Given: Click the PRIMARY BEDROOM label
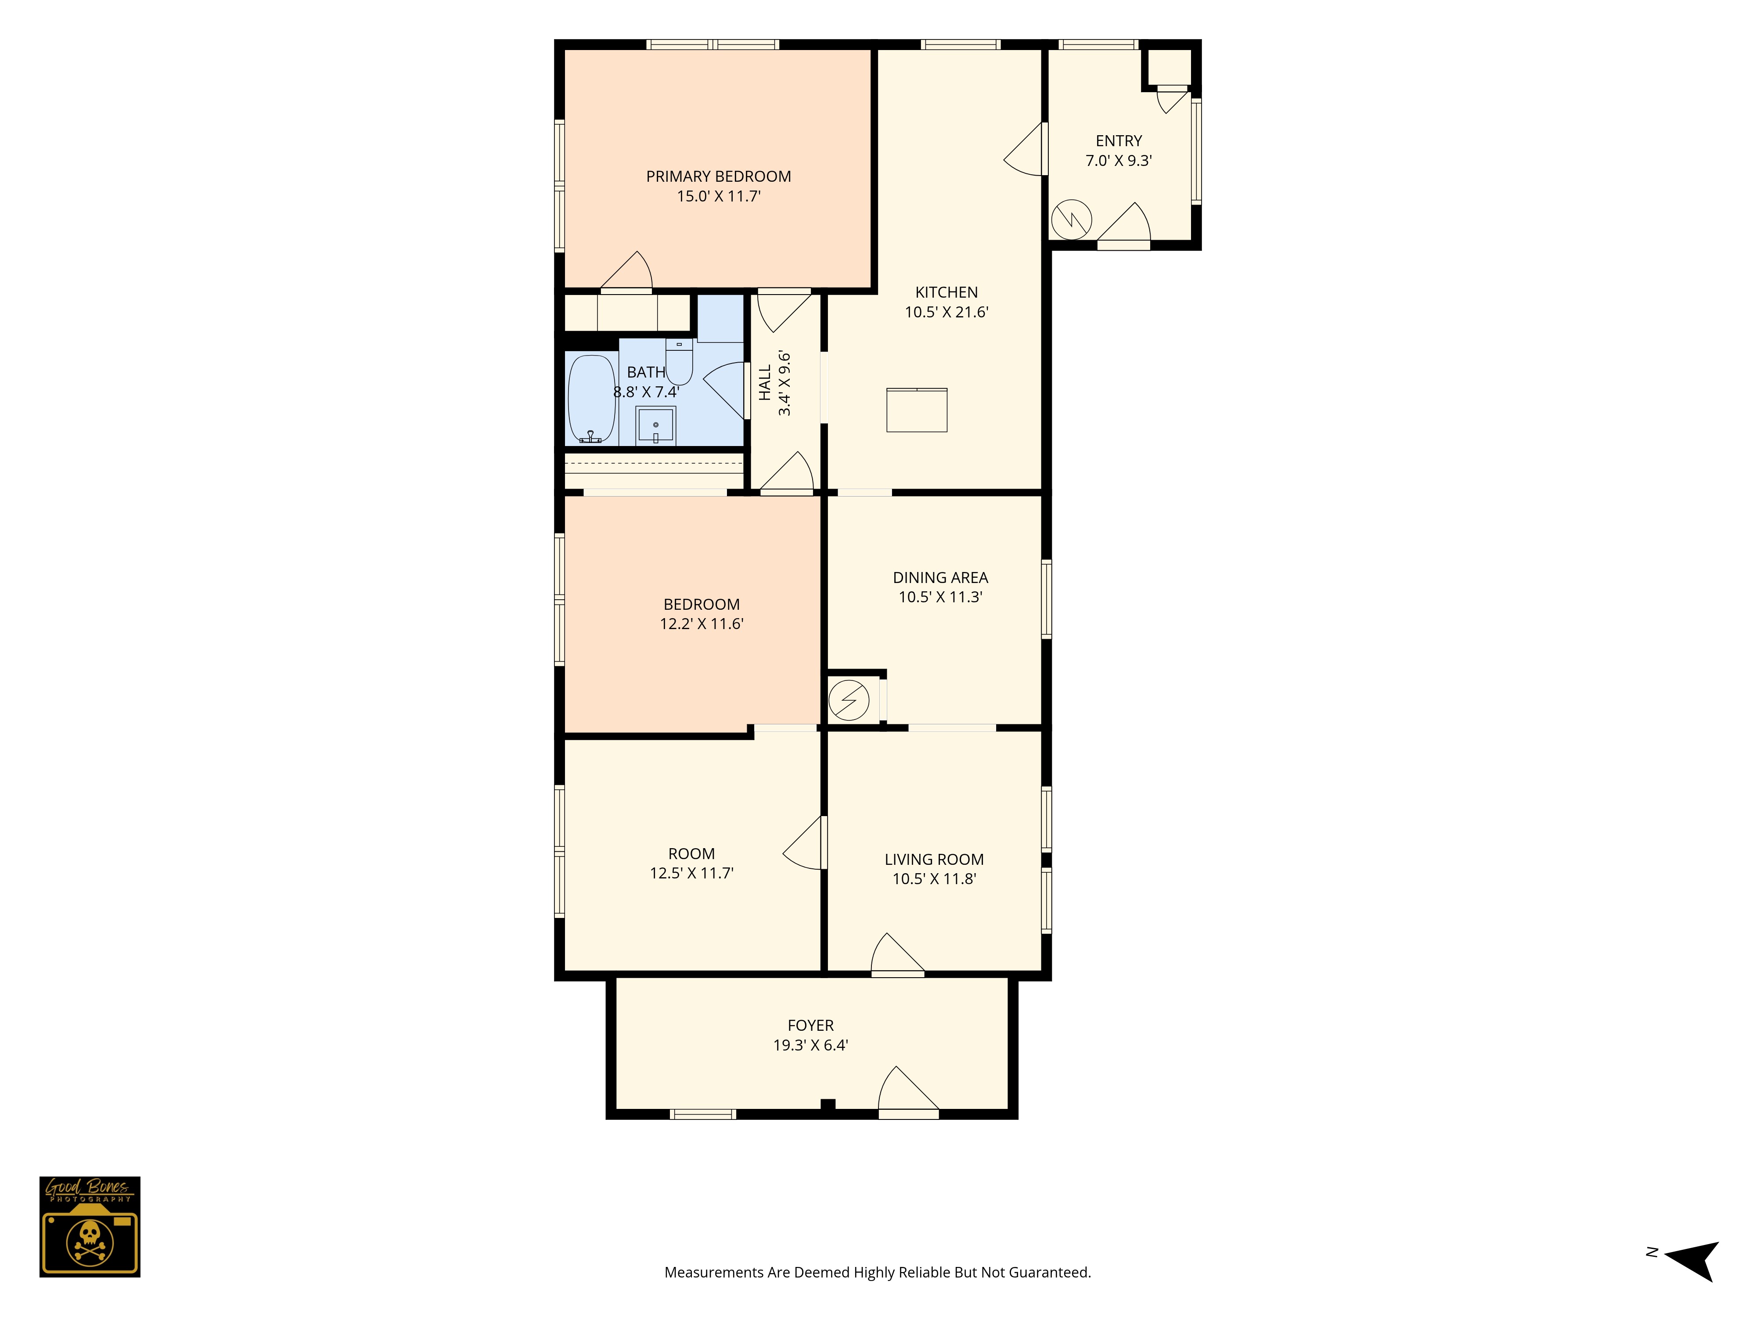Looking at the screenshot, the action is pyautogui.click(x=719, y=176).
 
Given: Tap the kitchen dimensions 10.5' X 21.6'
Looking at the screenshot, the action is pyautogui.click(x=946, y=312).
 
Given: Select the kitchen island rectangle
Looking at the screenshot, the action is pyautogui.click(x=917, y=410).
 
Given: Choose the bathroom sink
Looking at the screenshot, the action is pyautogui.click(x=656, y=425).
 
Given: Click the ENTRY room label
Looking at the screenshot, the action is pyautogui.click(x=1119, y=140).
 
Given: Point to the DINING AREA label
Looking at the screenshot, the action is pyautogui.click(x=941, y=577).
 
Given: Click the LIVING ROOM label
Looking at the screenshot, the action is pyautogui.click(x=934, y=859).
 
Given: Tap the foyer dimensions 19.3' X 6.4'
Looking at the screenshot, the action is pyautogui.click(x=810, y=1045).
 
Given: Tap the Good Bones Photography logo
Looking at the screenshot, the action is pyautogui.click(x=90, y=1227).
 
